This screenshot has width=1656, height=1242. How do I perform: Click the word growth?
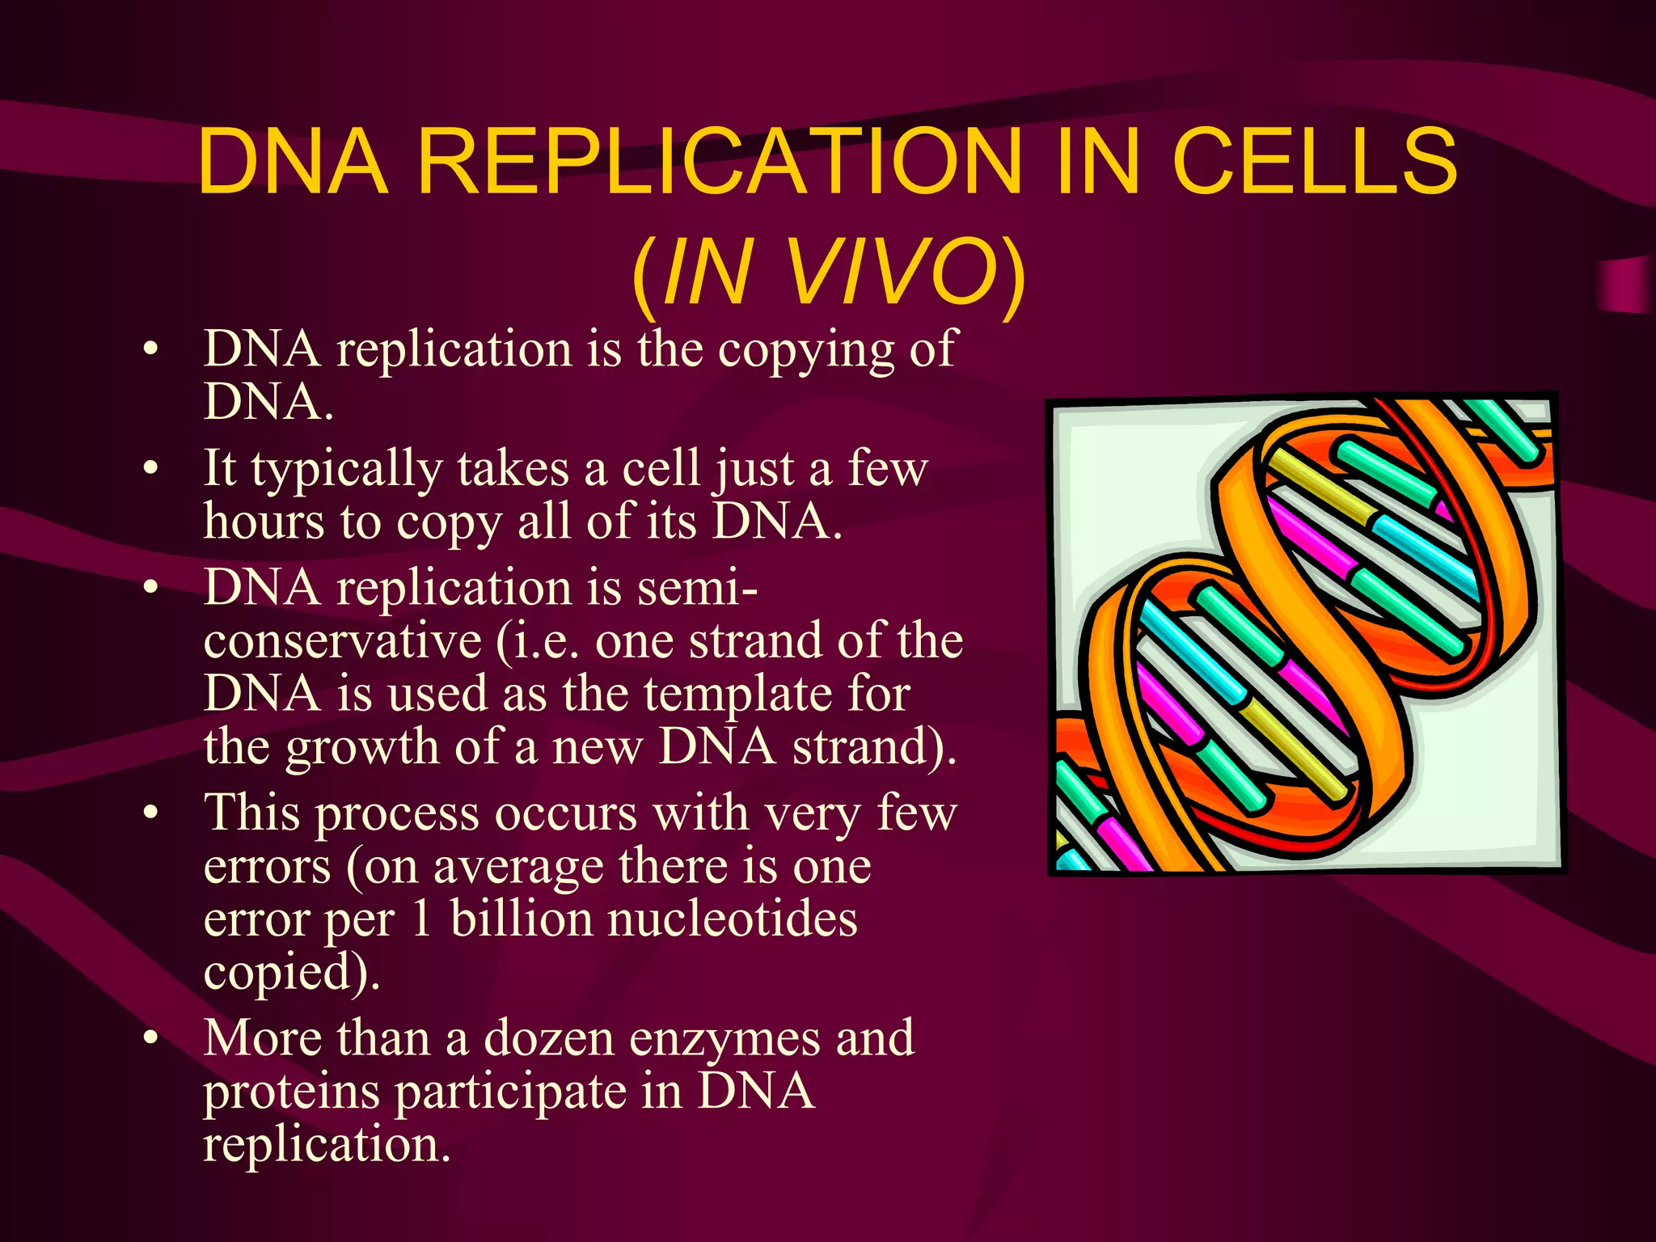click(361, 748)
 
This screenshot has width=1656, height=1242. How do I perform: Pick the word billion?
click(521, 919)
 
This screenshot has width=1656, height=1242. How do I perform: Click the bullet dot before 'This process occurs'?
click(150, 814)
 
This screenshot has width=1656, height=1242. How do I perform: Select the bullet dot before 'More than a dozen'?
click(150, 1039)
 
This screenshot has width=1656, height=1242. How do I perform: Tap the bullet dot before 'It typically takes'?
click(150, 469)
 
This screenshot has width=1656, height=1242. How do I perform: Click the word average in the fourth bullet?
click(518, 868)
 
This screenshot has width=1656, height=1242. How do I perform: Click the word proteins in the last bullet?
click(291, 1092)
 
